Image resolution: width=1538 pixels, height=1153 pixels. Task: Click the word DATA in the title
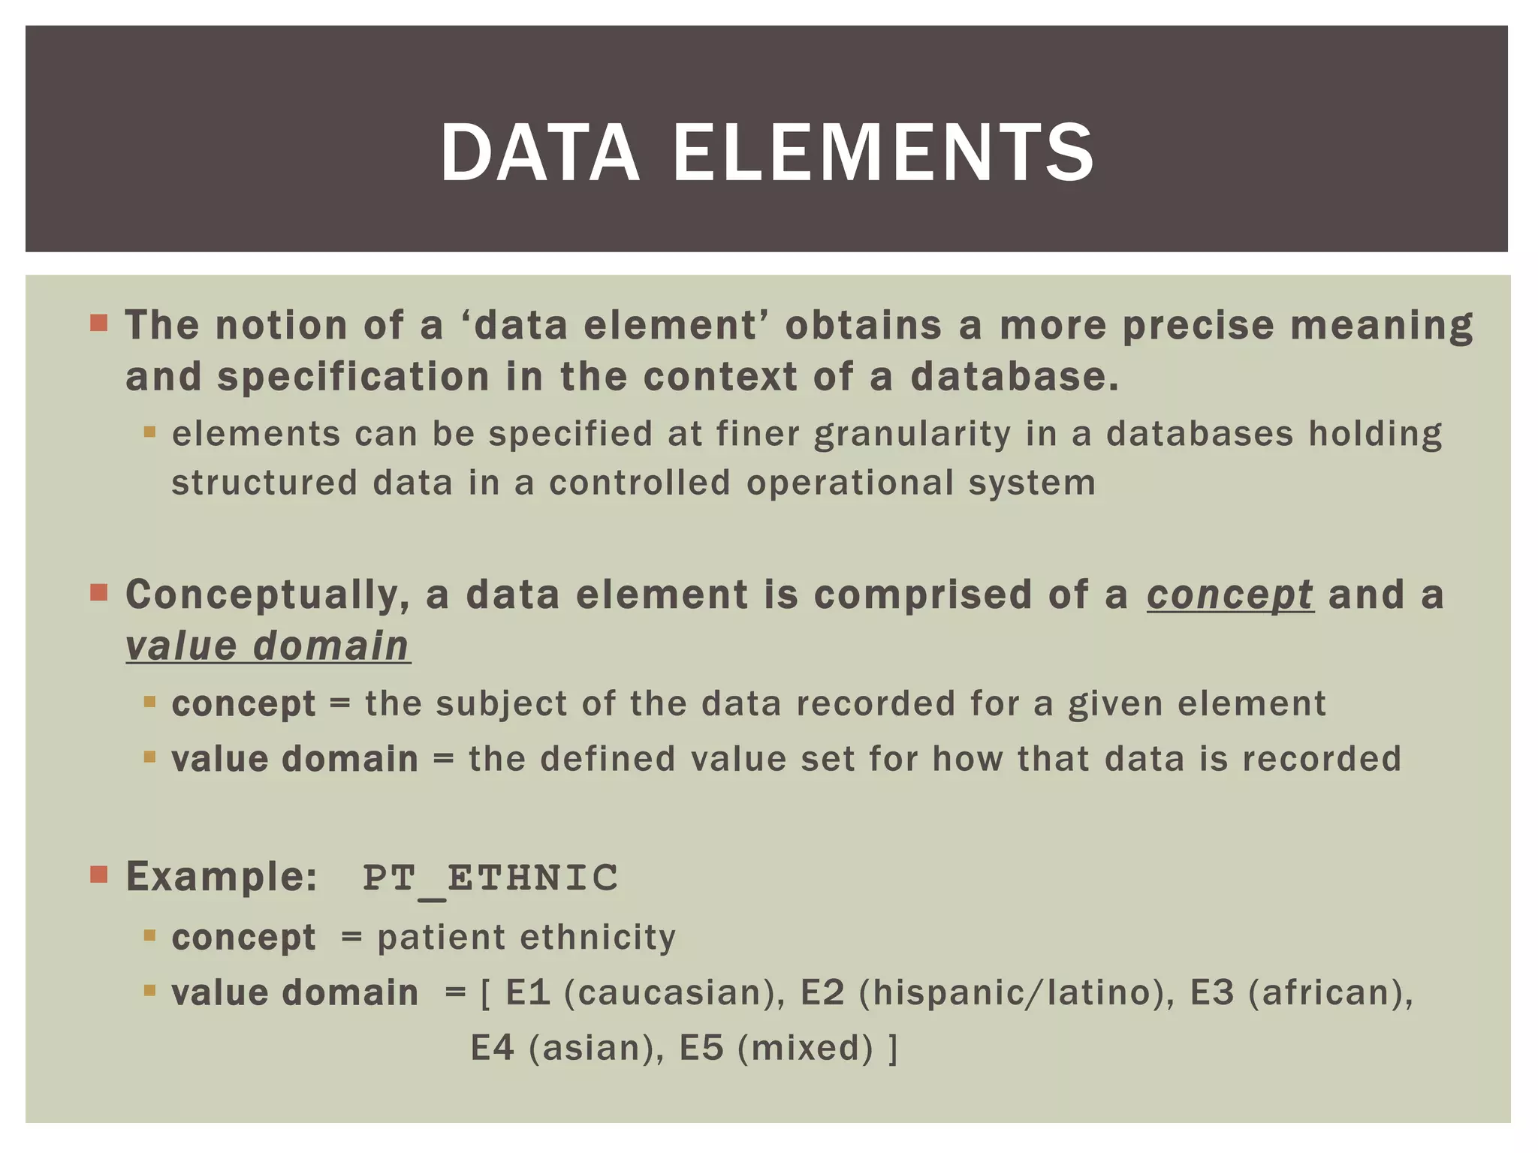tap(539, 154)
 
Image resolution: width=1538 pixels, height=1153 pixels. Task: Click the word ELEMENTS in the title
tap(883, 154)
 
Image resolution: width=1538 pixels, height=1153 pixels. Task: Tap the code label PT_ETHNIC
tap(490, 878)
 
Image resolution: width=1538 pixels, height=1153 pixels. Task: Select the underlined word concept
tap(1229, 595)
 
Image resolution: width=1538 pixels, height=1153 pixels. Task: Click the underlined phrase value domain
tap(267, 646)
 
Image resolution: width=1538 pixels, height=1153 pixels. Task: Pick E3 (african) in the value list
tap(1300, 993)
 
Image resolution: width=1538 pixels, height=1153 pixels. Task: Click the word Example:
tap(222, 877)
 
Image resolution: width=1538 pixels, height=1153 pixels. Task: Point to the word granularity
tap(912, 435)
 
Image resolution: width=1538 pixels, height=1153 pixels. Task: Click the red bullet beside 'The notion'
tap(98, 324)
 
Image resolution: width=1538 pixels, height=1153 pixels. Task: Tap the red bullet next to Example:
tap(98, 875)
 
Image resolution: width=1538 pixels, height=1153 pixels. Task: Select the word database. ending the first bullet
tap(1015, 377)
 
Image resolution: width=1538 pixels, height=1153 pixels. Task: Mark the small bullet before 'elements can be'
tap(149, 432)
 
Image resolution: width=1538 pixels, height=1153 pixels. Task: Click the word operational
tap(849, 483)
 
